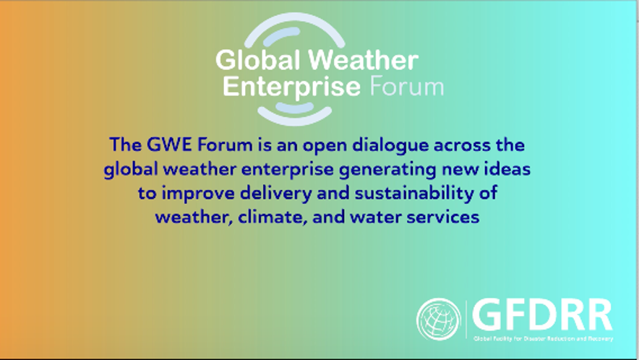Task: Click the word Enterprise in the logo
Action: pos(292,87)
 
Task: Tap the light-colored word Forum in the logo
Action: pos(406,87)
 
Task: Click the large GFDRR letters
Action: pos(542,314)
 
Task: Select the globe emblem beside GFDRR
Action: pos(439,320)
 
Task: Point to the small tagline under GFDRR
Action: pos(544,338)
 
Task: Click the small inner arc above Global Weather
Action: pos(281,35)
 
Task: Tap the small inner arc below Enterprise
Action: pos(295,108)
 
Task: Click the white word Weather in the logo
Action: pos(364,60)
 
